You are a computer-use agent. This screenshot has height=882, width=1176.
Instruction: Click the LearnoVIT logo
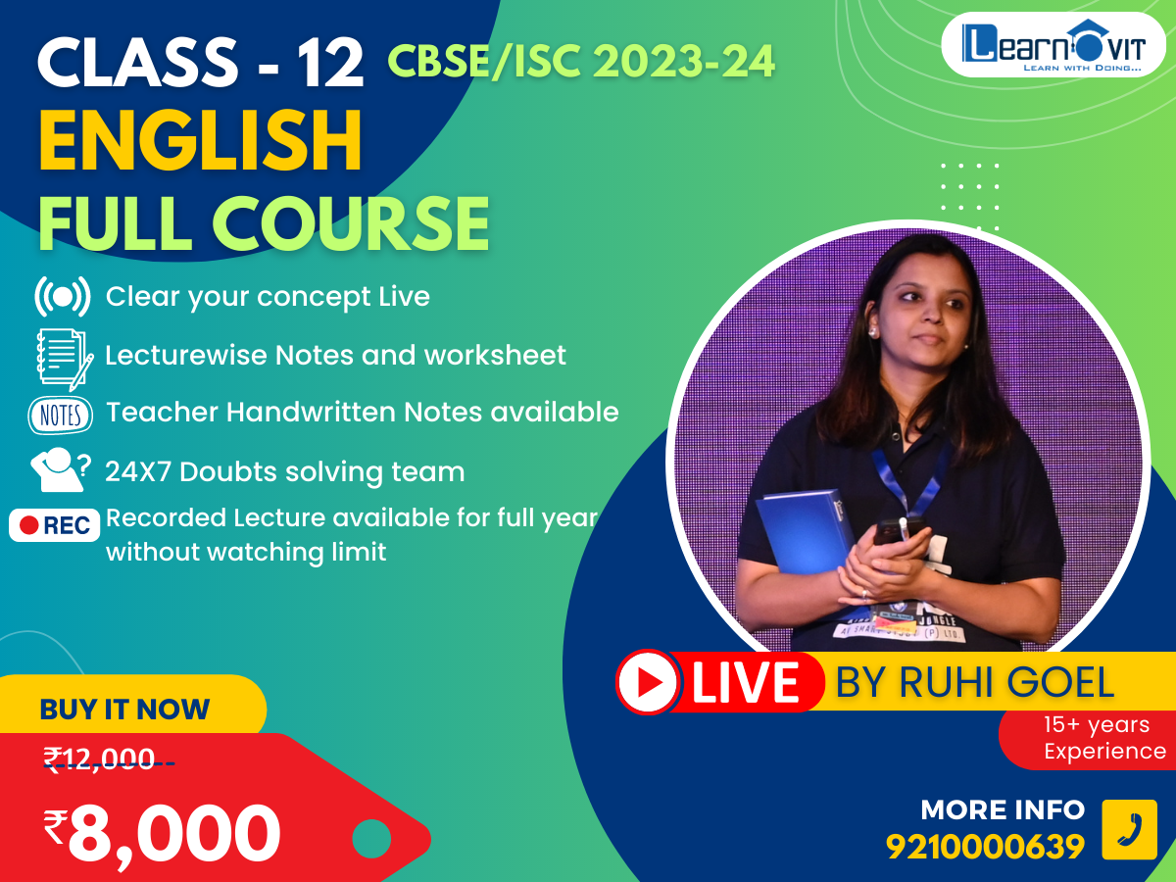pos(1053,45)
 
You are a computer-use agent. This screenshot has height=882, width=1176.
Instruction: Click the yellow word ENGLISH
pos(200,141)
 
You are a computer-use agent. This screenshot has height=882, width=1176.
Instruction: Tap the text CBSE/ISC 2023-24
pos(581,61)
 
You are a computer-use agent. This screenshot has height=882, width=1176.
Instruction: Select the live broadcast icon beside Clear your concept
pos(63,296)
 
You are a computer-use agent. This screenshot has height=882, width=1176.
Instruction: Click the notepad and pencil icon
pos(65,359)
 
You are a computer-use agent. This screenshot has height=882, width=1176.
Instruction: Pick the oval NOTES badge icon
pos(61,415)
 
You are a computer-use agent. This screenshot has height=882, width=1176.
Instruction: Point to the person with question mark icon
pos(61,469)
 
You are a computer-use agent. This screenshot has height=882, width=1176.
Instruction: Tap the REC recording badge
pos(55,525)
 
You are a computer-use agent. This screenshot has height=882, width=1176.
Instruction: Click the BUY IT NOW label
pos(124,709)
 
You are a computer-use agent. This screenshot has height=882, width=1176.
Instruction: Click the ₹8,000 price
pos(162,834)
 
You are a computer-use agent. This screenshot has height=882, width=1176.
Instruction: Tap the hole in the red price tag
pos(371,839)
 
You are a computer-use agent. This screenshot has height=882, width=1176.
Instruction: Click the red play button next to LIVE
pos(648,682)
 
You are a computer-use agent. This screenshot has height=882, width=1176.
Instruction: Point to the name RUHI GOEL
pos(1006,682)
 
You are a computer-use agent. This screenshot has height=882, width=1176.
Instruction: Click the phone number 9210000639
pos(985,847)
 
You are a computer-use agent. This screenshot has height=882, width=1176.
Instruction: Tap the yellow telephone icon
pos(1129,829)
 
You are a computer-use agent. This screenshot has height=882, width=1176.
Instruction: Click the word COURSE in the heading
pos(351,223)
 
